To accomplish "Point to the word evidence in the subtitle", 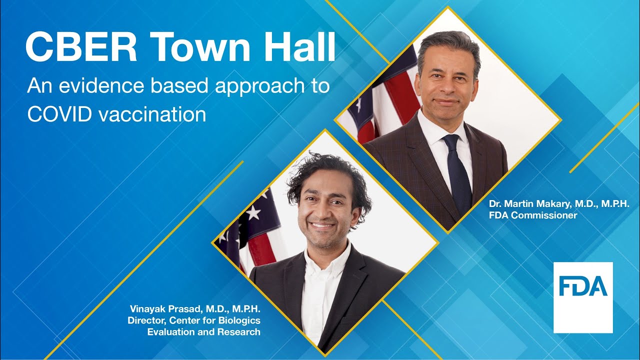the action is (x=101, y=85).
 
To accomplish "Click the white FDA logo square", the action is (x=583, y=297).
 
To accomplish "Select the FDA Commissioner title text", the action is (x=533, y=215).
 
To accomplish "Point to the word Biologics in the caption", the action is (x=239, y=320).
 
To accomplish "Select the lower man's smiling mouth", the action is (x=323, y=225).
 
